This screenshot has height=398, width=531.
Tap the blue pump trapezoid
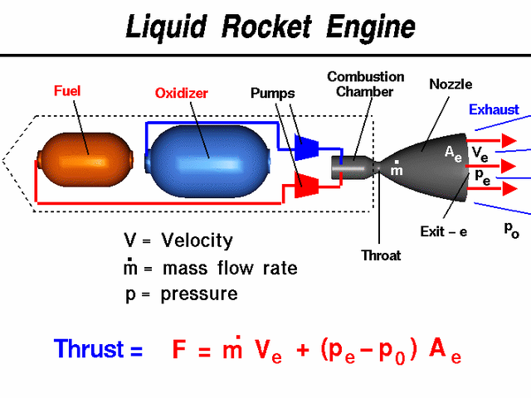tap(308, 147)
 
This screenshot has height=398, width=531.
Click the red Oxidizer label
tap(183, 92)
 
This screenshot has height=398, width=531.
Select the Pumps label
tap(272, 92)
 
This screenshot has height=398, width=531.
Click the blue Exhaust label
tap(494, 109)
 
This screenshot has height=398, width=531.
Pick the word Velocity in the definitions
tap(197, 241)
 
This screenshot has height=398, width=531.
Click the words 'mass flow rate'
tap(230, 268)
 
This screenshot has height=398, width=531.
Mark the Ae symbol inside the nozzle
tap(452, 153)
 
